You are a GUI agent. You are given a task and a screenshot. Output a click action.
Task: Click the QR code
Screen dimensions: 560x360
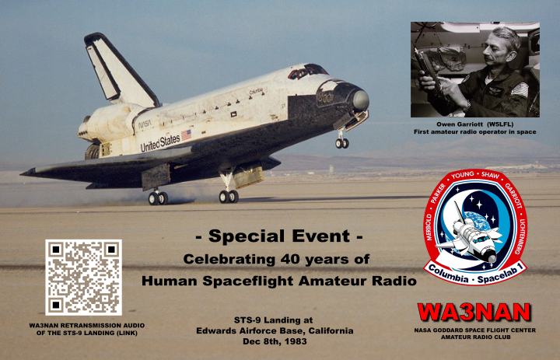(83, 278)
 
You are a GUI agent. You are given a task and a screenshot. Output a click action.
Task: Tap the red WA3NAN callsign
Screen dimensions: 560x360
(474, 313)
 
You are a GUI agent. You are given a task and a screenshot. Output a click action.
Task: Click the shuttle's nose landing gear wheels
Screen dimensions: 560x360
(341, 143)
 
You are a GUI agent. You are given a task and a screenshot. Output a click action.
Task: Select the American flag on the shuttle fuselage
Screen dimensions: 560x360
(186, 135)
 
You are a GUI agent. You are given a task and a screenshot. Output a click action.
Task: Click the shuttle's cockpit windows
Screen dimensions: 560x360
(307, 71)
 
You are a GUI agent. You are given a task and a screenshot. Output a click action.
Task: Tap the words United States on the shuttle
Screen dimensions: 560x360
(160, 142)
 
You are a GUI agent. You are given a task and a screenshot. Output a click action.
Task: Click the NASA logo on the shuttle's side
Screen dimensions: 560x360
(145, 124)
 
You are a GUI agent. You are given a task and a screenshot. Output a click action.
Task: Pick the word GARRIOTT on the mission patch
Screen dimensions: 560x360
(513, 197)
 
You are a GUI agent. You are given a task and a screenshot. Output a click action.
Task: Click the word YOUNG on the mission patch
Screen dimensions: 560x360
(462, 175)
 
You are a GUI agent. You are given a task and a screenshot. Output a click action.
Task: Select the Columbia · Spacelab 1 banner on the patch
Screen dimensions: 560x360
(476, 274)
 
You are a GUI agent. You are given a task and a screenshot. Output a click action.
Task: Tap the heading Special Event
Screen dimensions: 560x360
(279, 236)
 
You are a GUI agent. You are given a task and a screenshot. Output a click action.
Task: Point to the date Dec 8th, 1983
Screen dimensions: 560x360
(275, 341)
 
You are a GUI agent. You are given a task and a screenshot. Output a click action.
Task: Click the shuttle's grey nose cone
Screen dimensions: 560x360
(361, 100)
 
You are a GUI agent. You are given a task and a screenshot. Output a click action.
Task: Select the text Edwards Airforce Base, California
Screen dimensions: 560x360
(275, 330)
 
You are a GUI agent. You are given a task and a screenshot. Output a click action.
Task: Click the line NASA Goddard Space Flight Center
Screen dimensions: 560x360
(475, 330)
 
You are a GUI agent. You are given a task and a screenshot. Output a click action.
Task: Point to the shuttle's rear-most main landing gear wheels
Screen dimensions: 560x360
(158, 197)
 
